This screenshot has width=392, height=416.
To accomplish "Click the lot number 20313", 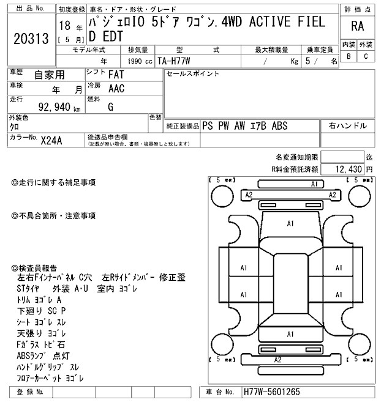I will click(x=31, y=39).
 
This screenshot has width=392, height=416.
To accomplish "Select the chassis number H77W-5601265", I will click(x=271, y=392).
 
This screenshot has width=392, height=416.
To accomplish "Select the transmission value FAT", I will click(x=114, y=75).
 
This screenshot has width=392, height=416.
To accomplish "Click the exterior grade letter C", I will click(x=365, y=56).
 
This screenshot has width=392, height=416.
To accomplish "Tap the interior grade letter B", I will click(x=349, y=56).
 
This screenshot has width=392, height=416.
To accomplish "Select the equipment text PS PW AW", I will click(x=224, y=126).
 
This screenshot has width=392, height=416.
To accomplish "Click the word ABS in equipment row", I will click(x=279, y=126).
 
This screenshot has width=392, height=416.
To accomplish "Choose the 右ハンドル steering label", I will click(x=348, y=126).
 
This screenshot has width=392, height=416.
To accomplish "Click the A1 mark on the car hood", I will click(x=290, y=224).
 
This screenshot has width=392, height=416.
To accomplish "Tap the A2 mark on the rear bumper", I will click(x=277, y=360).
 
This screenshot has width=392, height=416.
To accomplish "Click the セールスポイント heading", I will click(x=192, y=73).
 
